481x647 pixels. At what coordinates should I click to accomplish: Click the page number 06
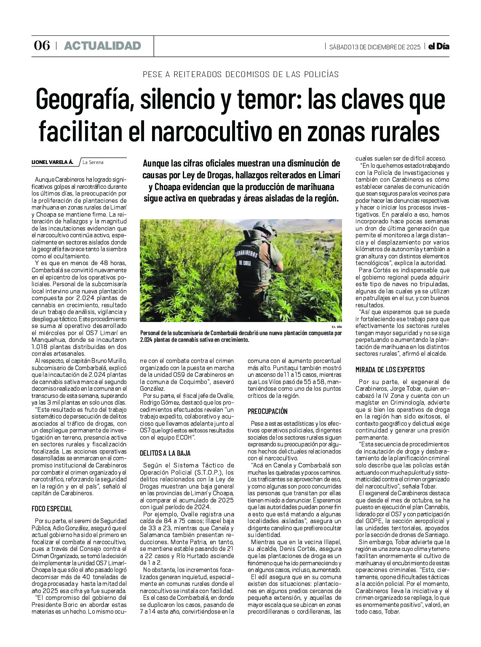42,46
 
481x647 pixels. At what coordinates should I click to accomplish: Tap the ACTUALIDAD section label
102,46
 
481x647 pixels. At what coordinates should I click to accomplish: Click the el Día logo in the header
438,46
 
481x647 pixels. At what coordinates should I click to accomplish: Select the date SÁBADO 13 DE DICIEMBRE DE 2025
375,47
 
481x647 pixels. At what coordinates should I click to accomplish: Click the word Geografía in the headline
82,99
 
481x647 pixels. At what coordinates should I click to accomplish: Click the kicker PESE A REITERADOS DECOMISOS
240,74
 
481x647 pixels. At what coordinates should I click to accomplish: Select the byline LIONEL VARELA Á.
52,162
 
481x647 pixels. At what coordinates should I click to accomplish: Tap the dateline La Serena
93,162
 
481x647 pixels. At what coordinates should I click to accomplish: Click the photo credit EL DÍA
337,327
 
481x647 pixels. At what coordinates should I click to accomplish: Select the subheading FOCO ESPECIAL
52,509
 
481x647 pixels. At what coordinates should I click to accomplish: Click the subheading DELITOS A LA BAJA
165,453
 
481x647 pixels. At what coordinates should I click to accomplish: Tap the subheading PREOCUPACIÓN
267,411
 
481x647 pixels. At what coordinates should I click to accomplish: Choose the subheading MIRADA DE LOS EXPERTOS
390,370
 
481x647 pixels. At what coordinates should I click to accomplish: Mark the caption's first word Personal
152,333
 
